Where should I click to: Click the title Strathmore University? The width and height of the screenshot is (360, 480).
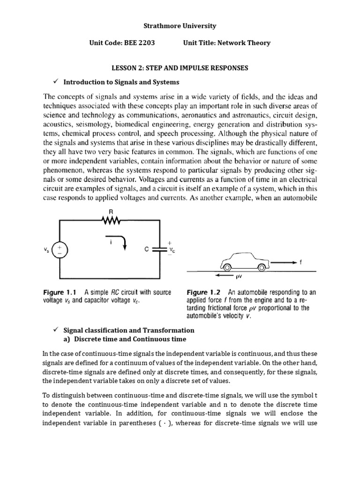(x=180, y=26)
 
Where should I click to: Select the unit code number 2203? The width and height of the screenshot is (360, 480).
(x=144, y=43)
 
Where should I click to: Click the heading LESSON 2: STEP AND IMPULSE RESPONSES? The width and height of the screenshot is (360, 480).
(x=180, y=68)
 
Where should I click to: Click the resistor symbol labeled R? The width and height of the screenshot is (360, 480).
(x=112, y=220)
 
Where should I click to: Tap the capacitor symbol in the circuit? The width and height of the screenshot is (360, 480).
(x=161, y=250)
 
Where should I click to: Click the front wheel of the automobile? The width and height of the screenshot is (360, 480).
(x=227, y=267)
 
